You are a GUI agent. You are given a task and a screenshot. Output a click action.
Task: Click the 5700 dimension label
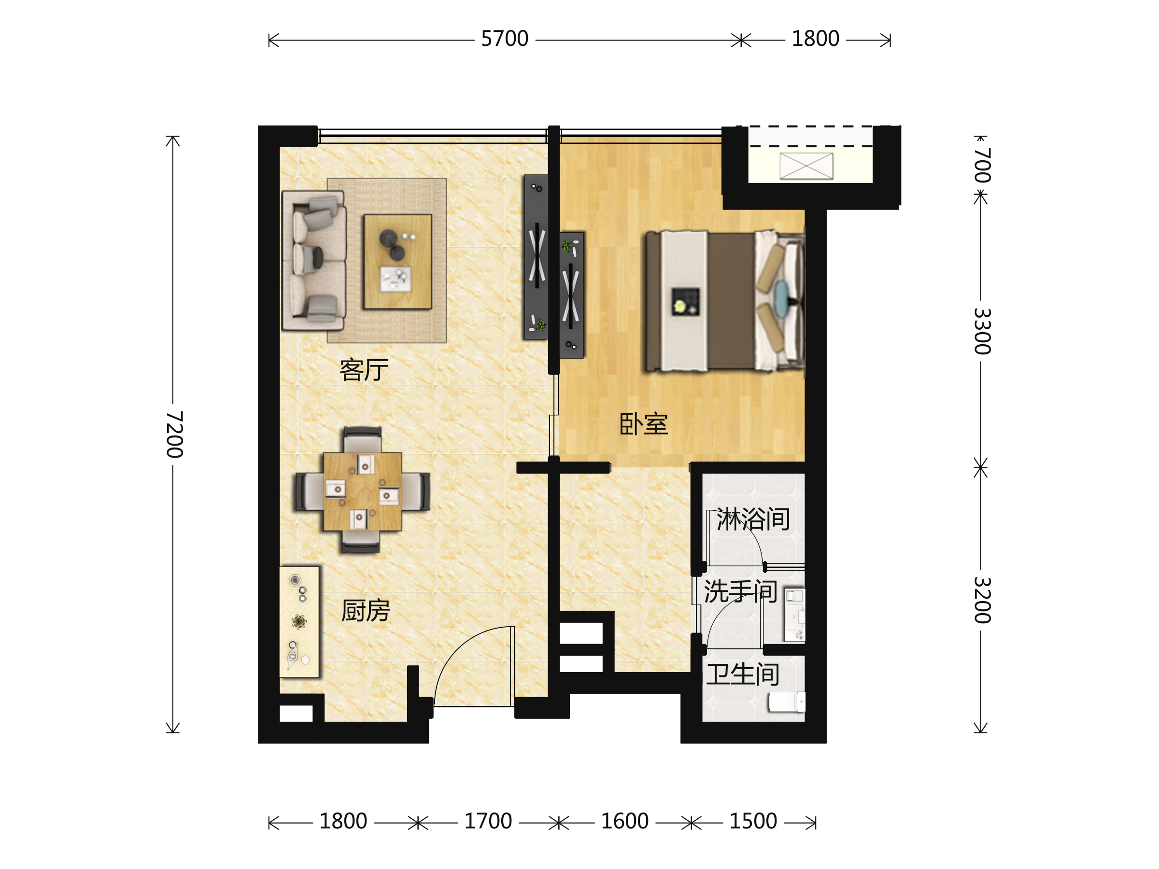[505, 39]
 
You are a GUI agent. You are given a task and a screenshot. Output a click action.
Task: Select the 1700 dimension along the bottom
[488, 821]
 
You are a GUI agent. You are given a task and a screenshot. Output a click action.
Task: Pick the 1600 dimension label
[624, 821]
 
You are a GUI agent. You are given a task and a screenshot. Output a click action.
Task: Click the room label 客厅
[364, 370]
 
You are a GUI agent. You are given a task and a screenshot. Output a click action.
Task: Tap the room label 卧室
[643, 424]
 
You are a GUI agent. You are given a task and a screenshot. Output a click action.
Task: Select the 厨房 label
[365, 611]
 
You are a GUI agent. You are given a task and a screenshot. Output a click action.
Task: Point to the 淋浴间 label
[753, 519]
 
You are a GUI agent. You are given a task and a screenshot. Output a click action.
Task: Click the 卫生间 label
[743, 674]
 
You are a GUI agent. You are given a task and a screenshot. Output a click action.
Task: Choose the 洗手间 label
[740, 591]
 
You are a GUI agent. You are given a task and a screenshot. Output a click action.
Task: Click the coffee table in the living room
[398, 261]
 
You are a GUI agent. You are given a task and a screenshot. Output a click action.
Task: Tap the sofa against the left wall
[314, 260]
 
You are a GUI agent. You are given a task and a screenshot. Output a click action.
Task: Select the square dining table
[363, 491]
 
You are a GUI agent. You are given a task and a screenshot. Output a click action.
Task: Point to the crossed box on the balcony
[806, 166]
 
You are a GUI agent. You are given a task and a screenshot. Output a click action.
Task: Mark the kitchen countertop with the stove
[299, 622]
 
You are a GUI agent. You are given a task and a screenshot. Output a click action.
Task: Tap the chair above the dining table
[363, 439]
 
